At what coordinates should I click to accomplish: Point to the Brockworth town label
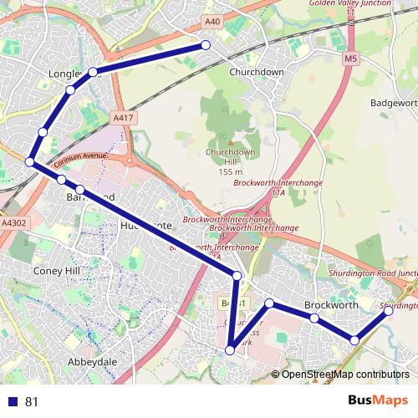(331, 305)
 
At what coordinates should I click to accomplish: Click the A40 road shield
(212, 22)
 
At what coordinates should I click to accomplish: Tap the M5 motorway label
(349, 59)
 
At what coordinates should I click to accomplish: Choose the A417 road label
(123, 119)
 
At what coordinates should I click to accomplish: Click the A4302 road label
(14, 224)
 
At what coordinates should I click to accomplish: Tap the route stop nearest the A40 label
(206, 45)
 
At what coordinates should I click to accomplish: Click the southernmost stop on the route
(231, 350)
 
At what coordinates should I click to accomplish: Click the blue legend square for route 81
(13, 401)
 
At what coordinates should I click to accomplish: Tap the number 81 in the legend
(33, 401)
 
